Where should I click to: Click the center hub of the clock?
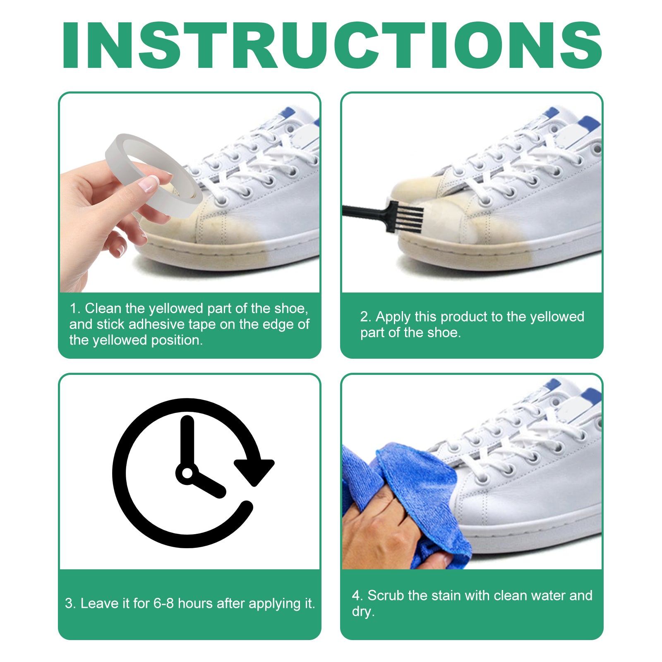(x=187, y=473)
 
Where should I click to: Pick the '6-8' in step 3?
(x=163, y=604)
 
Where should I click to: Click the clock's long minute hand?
(x=187, y=443)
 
